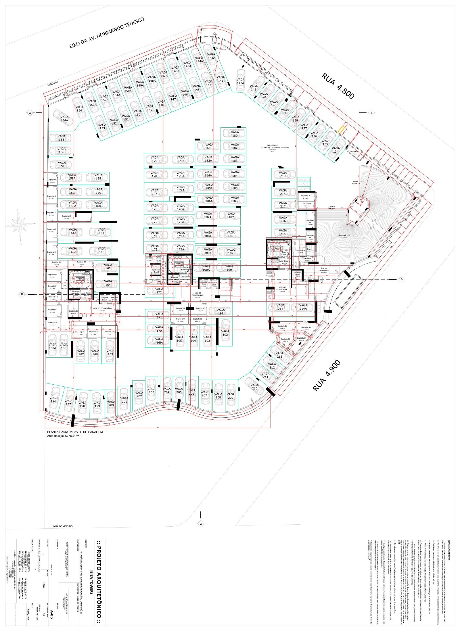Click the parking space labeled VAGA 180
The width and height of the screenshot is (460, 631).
click(x=235, y=134)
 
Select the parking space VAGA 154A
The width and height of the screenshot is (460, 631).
click(x=64, y=118)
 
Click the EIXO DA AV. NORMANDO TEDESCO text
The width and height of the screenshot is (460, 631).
click(x=106, y=33)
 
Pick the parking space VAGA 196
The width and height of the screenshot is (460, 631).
click(x=53, y=399)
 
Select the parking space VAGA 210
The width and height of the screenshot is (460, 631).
click(x=254, y=386)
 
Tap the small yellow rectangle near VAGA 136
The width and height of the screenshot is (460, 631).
click(x=341, y=130)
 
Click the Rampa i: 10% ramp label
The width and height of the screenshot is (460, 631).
click(x=344, y=235)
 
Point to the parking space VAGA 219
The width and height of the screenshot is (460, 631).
click(x=283, y=174)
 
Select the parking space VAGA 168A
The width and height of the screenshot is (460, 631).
click(x=52, y=346)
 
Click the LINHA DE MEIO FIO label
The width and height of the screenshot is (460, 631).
click(x=62, y=526)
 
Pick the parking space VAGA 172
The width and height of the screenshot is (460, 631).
click(x=159, y=291)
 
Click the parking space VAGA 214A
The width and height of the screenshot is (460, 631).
click(x=303, y=307)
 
